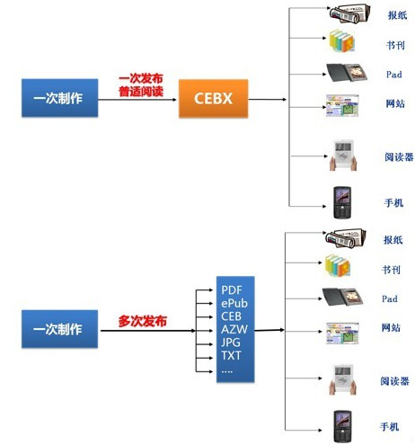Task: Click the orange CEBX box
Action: [x=213, y=98]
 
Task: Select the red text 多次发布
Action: [x=142, y=321]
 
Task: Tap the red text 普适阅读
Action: [x=141, y=92]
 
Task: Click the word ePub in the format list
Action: [x=234, y=303]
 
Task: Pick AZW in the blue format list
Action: [x=234, y=329]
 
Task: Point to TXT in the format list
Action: [x=231, y=355]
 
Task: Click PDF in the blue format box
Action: [x=232, y=290]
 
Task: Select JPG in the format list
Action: [x=231, y=343]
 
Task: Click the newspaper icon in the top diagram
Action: [x=349, y=13]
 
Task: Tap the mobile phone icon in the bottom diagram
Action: [x=342, y=426]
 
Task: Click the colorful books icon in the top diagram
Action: [x=341, y=40]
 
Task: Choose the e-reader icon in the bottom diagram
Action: [x=342, y=379]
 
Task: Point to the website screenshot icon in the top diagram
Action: [x=342, y=105]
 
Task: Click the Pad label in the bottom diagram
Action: [x=390, y=298]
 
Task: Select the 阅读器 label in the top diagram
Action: [x=399, y=156]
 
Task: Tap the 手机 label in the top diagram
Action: [x=393, y=203]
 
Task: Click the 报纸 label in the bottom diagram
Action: [x=393, y=240]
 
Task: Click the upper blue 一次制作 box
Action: [x=59, y=98]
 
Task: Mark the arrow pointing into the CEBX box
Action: [x=137, y=100]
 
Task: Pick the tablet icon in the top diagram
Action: [x=347, y=73]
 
